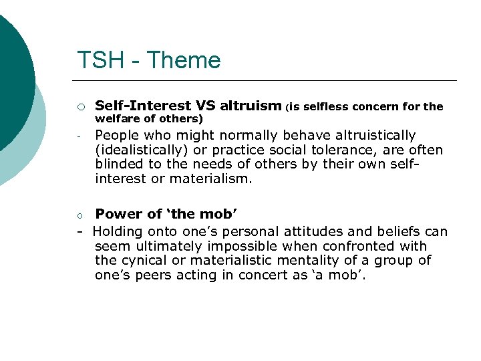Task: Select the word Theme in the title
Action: (x=184, y=61)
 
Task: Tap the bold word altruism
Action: (x=251, y=106)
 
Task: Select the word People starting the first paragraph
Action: (x=118, y=136)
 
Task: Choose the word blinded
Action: (x=119, y=164)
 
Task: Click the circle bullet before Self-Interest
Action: (x=80, y=106)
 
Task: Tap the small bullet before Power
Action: (x=79, y=215)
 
